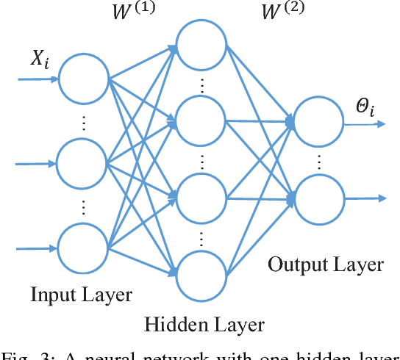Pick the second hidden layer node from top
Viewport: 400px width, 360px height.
pos(200,120)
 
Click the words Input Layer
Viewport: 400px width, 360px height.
pos(81,295)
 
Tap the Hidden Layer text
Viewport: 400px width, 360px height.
pos(204,324)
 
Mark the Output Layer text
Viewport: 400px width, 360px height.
pos(325,264)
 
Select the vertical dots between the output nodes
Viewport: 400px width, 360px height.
pos(318,159)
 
